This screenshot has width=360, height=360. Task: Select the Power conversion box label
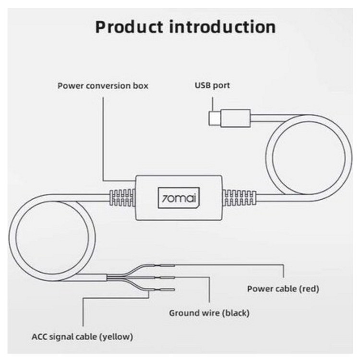click(x=103, y=86)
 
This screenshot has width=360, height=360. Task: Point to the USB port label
click(x=212, y=86)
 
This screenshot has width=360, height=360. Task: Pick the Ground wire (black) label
click(x=209, y=313)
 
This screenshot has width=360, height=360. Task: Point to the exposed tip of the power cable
click(x=168, y=264)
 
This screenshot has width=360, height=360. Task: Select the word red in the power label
click(x=310, y=289)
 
